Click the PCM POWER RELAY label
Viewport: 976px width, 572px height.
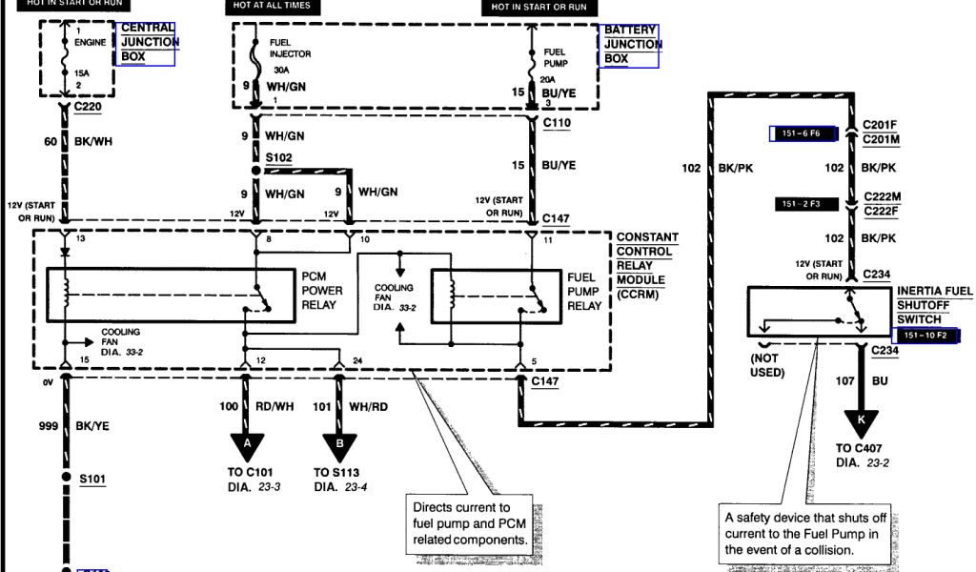[321, 290]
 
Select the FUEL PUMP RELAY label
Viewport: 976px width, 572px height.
[584, 290]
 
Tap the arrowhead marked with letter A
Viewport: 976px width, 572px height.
[247, 443]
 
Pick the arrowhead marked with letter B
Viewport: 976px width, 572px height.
[340, 443]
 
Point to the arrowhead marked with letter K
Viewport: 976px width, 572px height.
[861, 419]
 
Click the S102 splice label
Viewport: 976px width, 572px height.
[279, 156]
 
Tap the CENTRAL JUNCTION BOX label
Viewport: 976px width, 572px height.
[149, 43]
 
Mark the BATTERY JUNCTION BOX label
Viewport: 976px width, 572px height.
[632, 44]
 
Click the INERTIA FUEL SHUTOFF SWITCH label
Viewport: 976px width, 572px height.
[935, 305]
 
